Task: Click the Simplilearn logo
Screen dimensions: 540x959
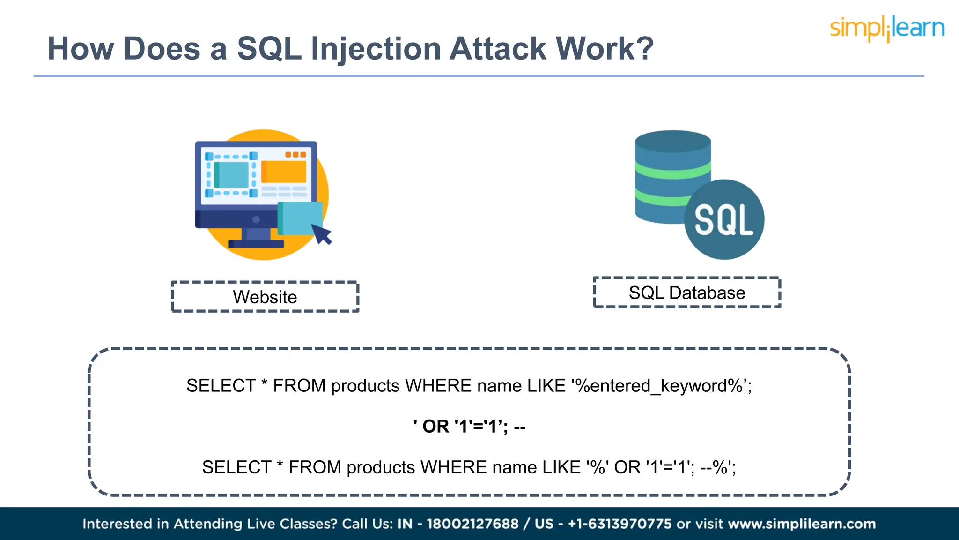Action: click(x=887, y=28)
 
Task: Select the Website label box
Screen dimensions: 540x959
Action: click(x=265, y=297)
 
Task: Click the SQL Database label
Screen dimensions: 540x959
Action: click(x=686, y=292)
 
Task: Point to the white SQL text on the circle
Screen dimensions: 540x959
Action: click(x=723, y=220)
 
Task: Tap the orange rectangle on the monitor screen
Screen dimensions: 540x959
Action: click(x=284, y=172)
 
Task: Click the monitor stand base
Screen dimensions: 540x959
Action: click(x=256, y=244)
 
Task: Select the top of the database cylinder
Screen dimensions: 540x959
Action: click(x=673, y=141)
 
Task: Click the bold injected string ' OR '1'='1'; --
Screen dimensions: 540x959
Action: click(x=469, y=427)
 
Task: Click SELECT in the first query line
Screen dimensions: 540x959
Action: click(x=221, y=386)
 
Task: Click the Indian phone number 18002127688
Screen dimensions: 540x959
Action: click(x=472, y=524)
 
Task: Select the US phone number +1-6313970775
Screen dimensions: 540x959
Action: click(x=620, y=524)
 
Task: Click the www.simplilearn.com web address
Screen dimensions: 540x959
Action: click(x=802, y=524)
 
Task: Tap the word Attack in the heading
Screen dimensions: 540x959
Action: click(x=498, y=49)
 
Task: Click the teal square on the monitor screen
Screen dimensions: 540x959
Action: click(x=232, y=175)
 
